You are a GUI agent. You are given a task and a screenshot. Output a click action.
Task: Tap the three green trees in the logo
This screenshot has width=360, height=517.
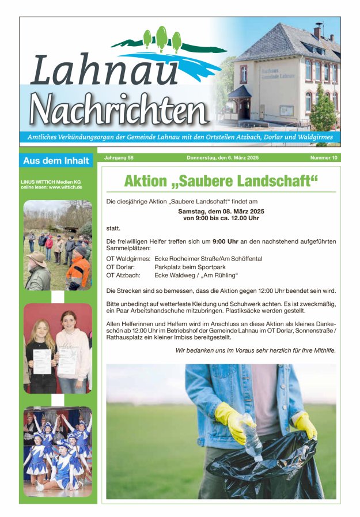162,38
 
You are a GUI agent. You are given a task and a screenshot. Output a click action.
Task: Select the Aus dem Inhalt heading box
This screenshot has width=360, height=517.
56,161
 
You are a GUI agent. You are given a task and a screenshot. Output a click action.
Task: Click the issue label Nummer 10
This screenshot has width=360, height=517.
324,158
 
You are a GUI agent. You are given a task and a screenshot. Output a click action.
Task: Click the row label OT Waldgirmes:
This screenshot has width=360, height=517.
128,259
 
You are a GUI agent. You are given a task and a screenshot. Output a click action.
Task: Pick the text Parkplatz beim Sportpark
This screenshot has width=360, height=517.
190,267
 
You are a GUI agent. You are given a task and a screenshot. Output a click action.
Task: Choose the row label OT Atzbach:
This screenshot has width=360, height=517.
123,276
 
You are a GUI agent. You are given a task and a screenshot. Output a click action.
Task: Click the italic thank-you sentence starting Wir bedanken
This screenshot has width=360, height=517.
255,350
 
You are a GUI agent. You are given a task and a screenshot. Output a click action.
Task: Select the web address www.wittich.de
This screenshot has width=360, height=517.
65,187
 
